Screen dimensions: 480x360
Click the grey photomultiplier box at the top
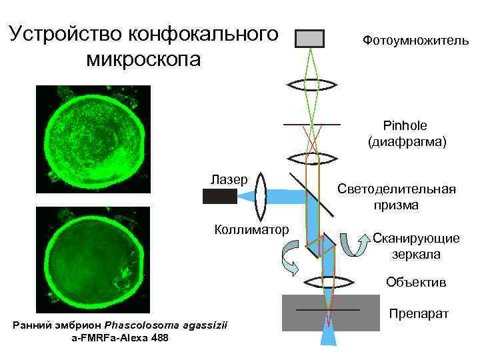pyautogui.click(x=309, y=39)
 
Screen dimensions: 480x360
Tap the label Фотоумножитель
pyautogui.click(x=416, y=41)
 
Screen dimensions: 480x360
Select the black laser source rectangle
pyautogui.click(x=219, y=196)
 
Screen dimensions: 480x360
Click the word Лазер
pyautogui.click(x=229, y=179)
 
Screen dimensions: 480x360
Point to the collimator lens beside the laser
pyautogui.click(x=261, y=195)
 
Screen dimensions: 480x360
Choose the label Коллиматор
pyautogui.click(x=251, y=230)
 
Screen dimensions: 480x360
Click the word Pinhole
pyautogui.click(x=405, y=125)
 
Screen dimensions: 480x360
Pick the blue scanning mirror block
pyautogui.click(x=320, y=245)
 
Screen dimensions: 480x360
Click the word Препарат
pyautogui.click(x=419, y=314)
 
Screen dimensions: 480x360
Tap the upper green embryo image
pyautogui.click(x=93, y=138)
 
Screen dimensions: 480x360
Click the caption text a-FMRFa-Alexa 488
pyautogui.click(x=120, y=338)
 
